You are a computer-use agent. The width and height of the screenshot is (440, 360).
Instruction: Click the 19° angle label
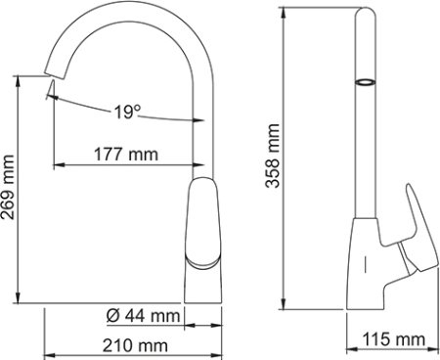(124, 111)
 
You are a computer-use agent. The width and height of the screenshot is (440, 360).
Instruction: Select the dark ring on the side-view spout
(363, 82)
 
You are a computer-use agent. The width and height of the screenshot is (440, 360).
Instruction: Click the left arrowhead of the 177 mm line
(53, 164)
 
